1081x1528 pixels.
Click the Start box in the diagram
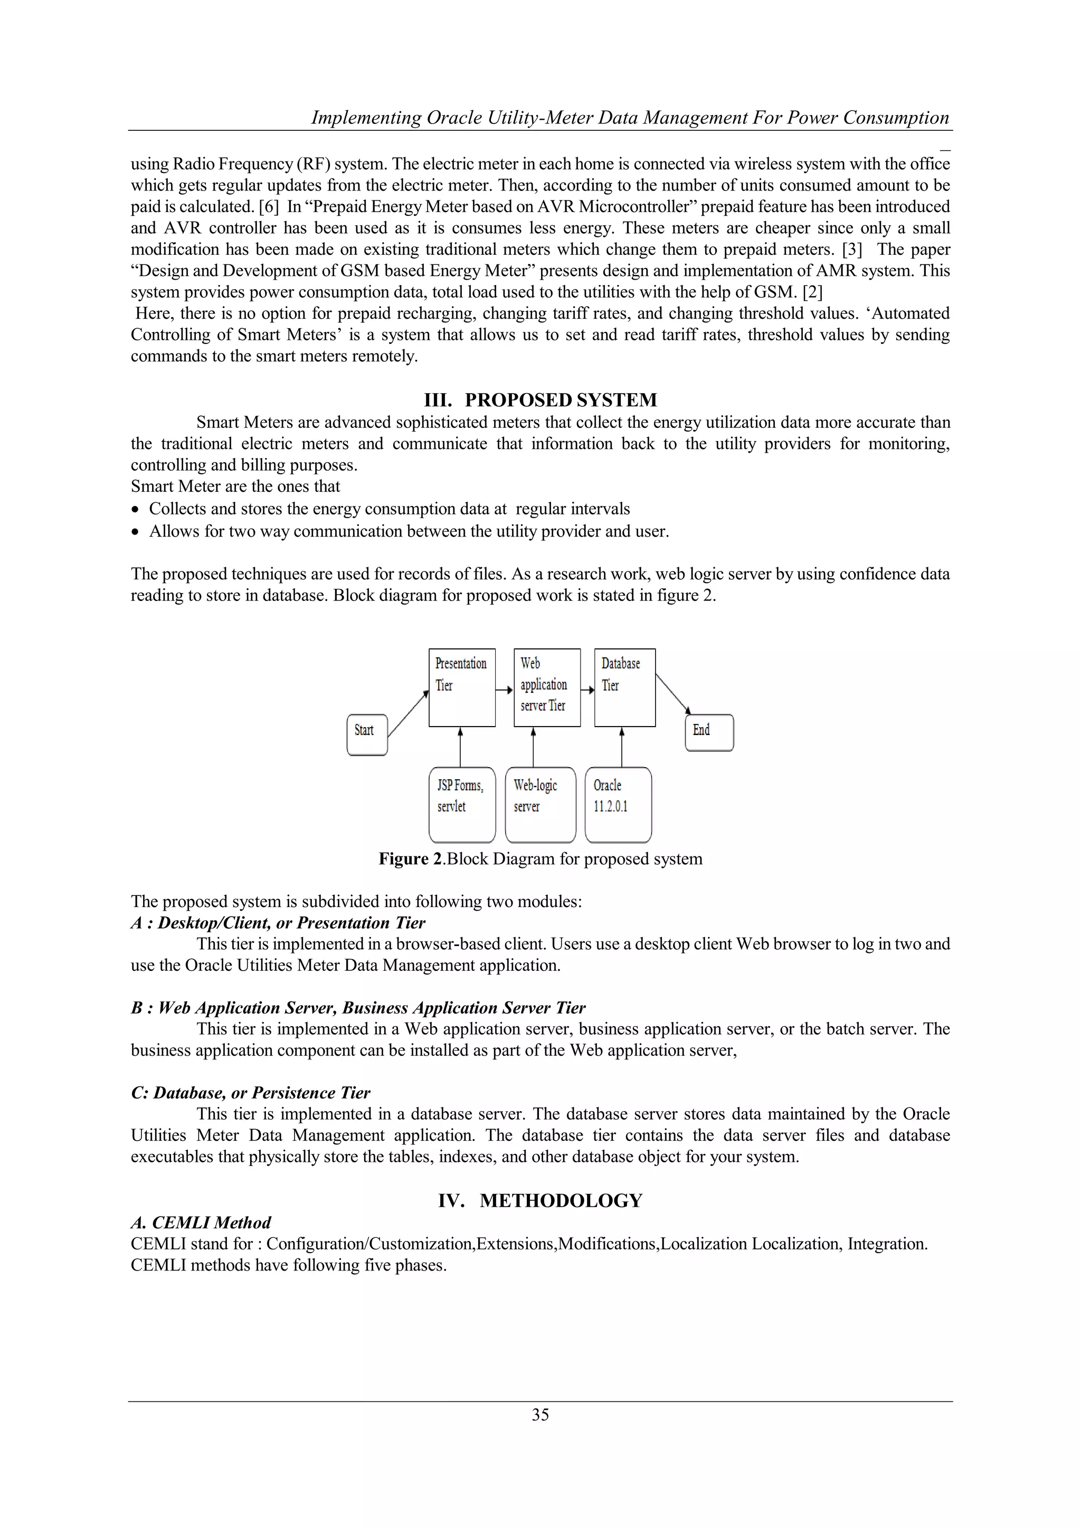(x=367, y=735)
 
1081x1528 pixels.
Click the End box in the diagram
(x=709, y=733)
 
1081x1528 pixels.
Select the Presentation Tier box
(x=461, y=687)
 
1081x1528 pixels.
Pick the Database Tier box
(x=624, y=687)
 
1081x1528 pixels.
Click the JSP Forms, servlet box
(x=462, y=805)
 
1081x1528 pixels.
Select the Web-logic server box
(x=540, y=805)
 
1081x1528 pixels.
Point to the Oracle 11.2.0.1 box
(x=618, y=805)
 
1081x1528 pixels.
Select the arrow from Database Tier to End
(x=672, y=693)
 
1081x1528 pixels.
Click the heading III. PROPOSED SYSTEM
(x=540, y=400)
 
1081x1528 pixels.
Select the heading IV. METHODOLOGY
(x=540, y=1200)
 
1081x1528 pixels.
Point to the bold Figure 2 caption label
(x=411, y=859)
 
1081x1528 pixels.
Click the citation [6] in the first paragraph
(x=268, y=206)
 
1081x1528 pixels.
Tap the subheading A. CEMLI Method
(x=201, y=1223)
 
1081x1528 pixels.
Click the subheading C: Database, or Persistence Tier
(x=250, y=1093)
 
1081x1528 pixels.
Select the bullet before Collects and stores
(x=136, y=510)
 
